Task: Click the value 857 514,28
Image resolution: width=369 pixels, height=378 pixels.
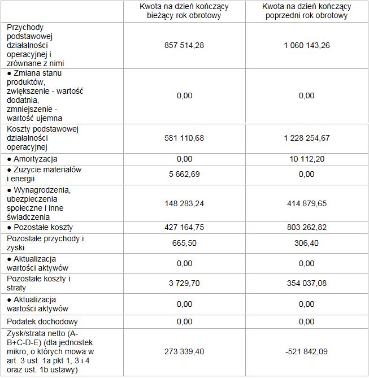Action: [x=184, y=45]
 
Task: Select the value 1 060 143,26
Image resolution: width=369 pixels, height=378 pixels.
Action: [x=306, y=45]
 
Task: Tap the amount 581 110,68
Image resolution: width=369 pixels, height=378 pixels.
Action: [x=184, y=138]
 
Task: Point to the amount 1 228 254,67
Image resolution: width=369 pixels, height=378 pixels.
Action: [x=306, y=138]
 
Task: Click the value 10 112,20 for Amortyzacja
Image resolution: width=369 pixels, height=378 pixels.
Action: [x=306, y=159]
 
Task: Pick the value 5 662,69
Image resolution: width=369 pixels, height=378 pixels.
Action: [x=184, y=174]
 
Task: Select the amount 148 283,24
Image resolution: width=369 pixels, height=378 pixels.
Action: [x=184, y=203]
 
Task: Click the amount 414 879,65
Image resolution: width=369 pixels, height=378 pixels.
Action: [x=306, y=203]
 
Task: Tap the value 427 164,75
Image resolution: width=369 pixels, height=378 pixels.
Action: [x=184, y=227]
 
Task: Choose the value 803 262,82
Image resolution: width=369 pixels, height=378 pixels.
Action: [x=306, y=227]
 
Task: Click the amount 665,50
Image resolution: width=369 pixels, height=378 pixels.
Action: [x=184, y=243]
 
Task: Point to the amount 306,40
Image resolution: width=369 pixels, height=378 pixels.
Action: [x=306, y=243]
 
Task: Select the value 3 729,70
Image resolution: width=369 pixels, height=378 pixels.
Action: [x=184, y=284]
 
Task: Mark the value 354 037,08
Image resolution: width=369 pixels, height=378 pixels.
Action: [x=306, y=284]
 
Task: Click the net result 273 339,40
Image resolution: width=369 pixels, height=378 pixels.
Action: [x=184, y=351]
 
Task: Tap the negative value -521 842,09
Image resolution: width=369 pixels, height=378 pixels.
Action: [x=306, y=351]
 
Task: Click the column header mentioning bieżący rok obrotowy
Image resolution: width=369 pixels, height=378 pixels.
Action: [x=184, y=11]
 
